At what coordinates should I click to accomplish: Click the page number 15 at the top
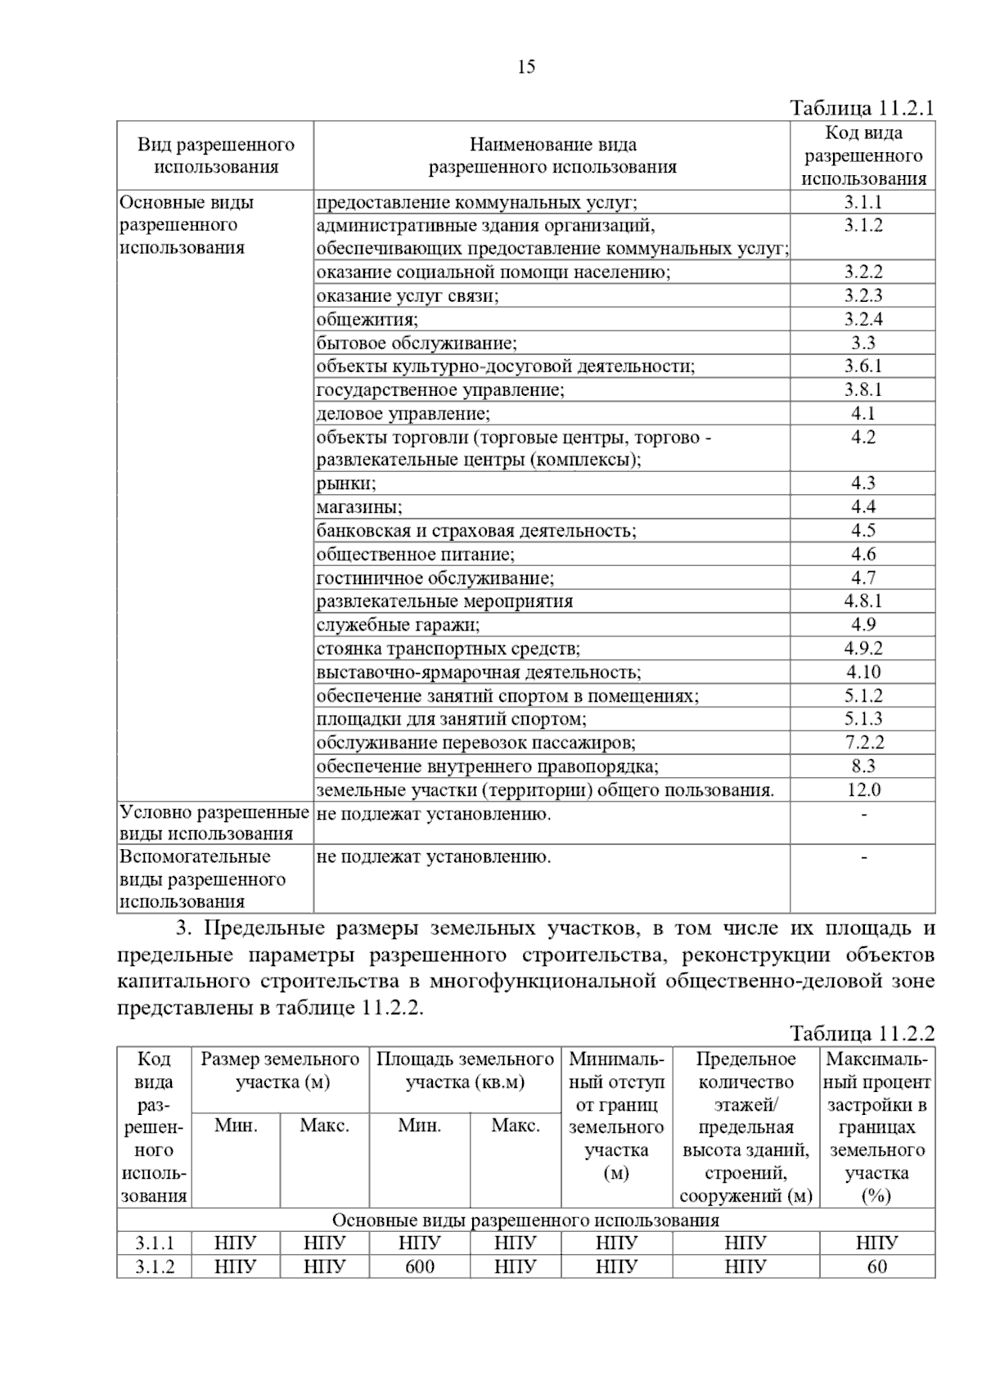point(526,67)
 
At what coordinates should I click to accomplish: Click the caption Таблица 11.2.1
point(862,108)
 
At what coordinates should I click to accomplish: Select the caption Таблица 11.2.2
point(862,1034)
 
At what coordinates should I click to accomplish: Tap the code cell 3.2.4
point(863,319)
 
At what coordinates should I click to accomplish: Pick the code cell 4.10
point(863,672)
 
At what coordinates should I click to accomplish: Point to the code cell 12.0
point(863,790)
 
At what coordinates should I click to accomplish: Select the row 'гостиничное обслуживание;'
point(435,578)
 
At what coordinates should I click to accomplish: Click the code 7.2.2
point(863,743)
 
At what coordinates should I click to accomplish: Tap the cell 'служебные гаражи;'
point(399,626)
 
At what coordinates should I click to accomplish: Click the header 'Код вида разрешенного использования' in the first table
point(863,155)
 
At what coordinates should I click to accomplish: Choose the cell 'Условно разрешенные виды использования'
point(214,823)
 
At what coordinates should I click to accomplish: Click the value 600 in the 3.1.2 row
point(420,1267)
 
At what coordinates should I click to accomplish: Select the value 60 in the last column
point(876,1267)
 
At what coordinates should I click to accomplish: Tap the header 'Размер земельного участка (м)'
point(280,1071)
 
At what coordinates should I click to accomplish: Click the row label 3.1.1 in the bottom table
point(155,1243)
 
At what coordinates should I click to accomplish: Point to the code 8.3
point(863,766)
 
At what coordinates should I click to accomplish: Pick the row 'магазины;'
point(359,507)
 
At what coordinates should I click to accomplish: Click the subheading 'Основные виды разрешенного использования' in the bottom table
point(525,1220)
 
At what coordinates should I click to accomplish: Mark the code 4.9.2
point(863,649)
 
